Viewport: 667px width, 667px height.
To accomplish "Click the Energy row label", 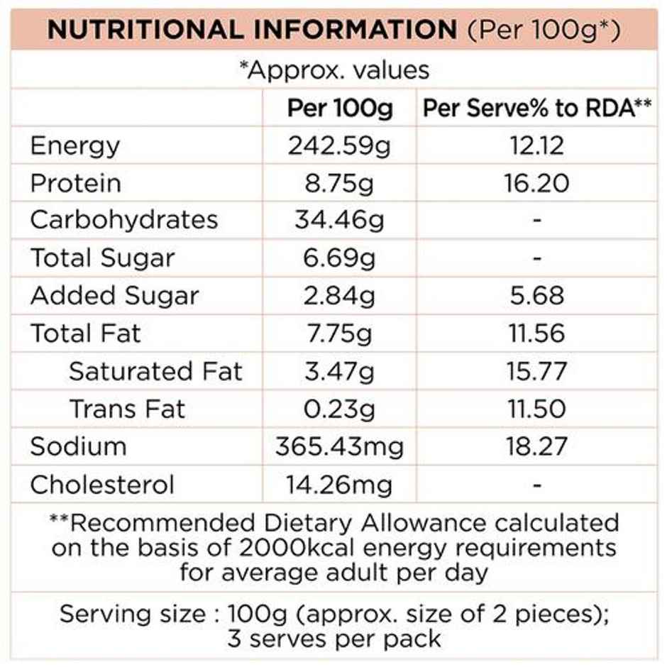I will coord(75,146).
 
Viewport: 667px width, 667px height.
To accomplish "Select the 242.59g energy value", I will coord(339,146).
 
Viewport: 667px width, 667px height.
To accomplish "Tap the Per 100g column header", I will coord(339,109).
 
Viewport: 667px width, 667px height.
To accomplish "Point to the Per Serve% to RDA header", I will coord(537,109).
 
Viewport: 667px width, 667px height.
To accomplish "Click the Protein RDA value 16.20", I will coord(537,184).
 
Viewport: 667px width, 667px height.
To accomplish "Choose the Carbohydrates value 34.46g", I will coord(339,221).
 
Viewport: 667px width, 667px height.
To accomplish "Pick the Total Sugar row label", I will coord(101,258).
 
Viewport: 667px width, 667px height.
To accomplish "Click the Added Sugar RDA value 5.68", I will coord(537,296).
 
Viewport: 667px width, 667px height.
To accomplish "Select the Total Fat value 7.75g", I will coord(339,333).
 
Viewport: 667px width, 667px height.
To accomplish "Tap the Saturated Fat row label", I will coord(155,371).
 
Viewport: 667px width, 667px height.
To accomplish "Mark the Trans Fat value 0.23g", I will coord(339,409).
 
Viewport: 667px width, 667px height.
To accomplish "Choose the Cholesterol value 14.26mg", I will coord(339,485).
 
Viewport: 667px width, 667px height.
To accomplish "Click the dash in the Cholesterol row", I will coord(537,485).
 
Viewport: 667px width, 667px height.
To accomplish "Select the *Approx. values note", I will coord(334,70).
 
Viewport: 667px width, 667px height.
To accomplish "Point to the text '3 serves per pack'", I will coord(334,637).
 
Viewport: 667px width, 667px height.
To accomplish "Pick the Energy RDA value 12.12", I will coord(537,146).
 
